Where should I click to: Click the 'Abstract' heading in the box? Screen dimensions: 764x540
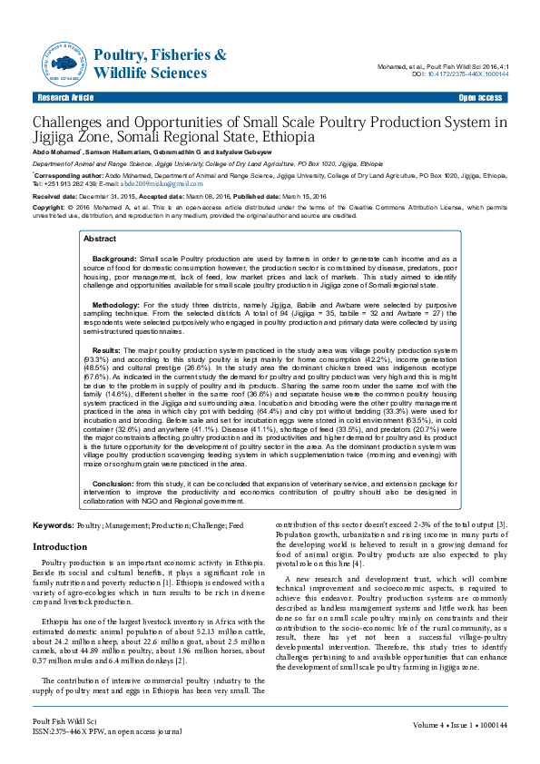(100, 238)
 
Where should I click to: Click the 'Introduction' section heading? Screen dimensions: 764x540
(60, 548)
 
